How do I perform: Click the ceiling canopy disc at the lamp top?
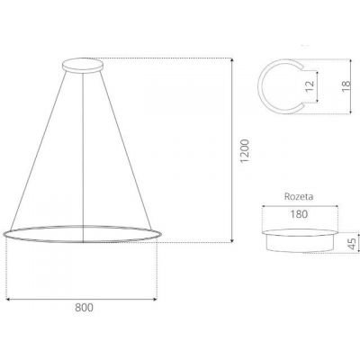click(84, 64)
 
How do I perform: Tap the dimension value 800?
click(82, 308)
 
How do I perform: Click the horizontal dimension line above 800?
click(82, 297)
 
